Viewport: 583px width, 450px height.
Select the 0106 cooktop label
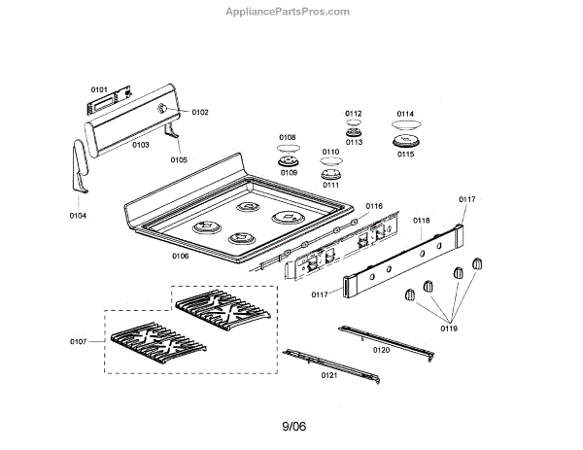point(180,256)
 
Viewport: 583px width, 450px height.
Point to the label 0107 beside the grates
point(79,340)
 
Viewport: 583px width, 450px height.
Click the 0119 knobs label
point(448,329)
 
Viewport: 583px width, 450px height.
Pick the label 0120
point(381,349)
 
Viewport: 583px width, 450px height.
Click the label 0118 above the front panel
point(421,221)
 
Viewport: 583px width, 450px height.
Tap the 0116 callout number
point(374,206)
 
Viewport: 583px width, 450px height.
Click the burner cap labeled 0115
point(405,143)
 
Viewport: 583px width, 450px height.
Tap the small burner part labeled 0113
point(353,131)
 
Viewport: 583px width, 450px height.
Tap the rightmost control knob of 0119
point(476,264)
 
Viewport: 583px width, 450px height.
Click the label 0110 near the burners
point(330,153)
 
